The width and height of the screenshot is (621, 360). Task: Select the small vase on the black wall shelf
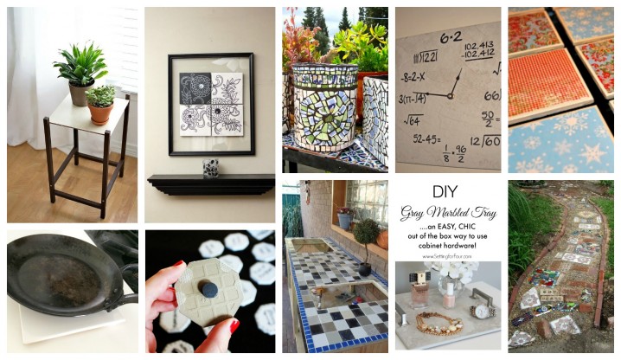click(x=210, y=167)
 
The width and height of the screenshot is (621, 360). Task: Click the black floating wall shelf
click(x=210, y=183)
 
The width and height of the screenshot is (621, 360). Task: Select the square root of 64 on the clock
click(x=412, y=120)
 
